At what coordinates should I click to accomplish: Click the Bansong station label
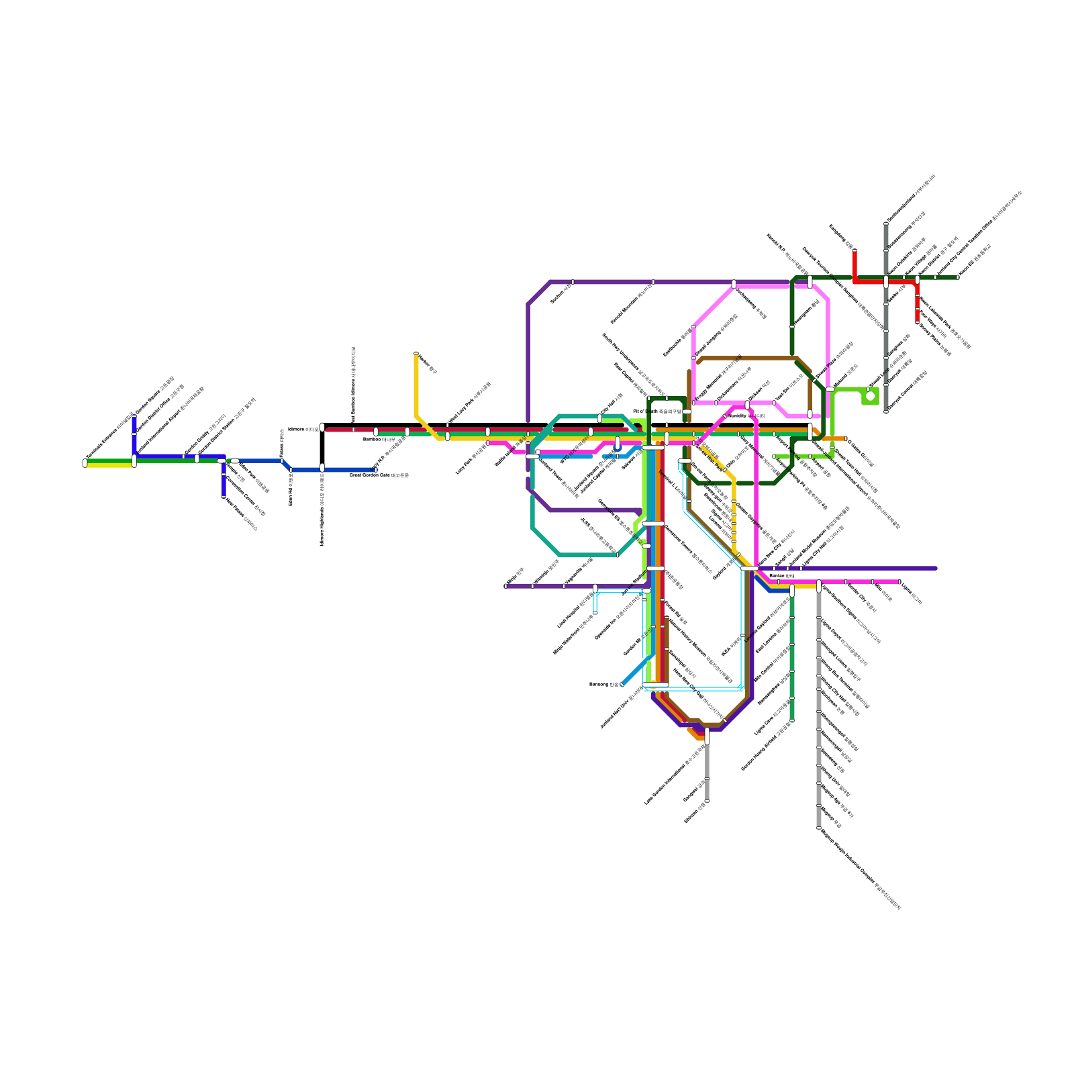(x=603, y=685)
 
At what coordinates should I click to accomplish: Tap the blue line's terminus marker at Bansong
(x=622, y=685)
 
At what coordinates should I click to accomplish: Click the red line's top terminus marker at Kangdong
(x=855, y=251)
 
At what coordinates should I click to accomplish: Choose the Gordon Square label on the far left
(x=154, y=396)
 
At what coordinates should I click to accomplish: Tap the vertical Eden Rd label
(x=291, y=490)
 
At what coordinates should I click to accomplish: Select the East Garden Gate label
(x=379, y=475)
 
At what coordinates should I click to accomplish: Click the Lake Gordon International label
(x=674, y=772)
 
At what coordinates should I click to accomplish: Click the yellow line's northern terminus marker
(x=416, y=354)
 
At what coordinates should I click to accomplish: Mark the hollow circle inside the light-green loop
(x=870, y=396)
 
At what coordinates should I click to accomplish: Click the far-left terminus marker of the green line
(x=85, y=462)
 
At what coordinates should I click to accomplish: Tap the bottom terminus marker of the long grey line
(x=819, y=828)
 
